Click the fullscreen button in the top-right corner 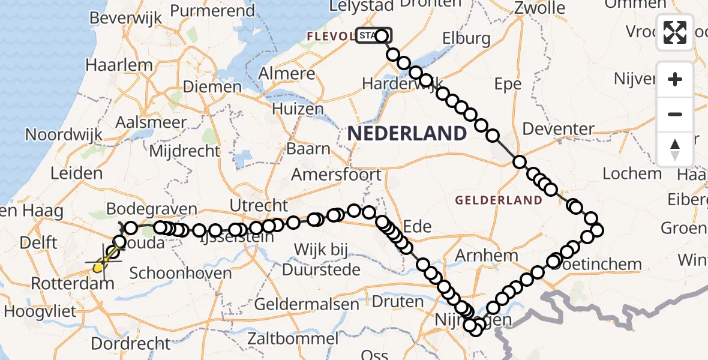coord(675,32)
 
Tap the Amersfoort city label coord(336,175)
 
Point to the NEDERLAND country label coord(407,133)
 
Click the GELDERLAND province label coord(499,200)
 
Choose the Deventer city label coord(558,129)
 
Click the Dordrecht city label coord(131,344)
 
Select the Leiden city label coord(77,174)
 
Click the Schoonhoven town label coord(181,274)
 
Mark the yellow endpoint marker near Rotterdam coord(98,267)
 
